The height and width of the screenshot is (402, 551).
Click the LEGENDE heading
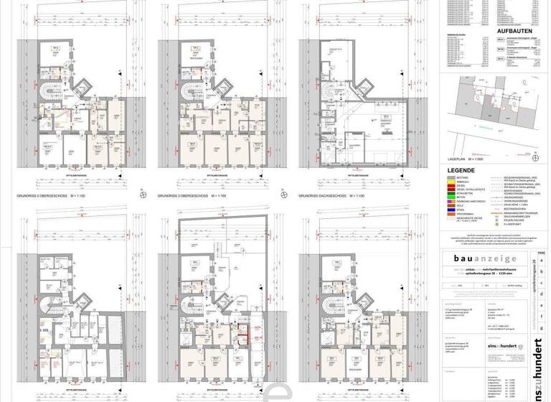click(461, 169)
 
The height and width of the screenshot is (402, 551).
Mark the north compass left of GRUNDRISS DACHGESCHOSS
click(286, 195)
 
